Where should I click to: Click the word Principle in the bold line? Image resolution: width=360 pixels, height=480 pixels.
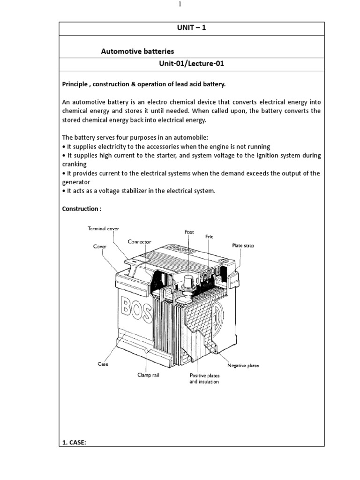75,84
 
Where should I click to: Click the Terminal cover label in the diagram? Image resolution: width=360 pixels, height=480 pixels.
104,228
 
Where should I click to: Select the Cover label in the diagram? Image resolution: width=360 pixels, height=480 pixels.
100,246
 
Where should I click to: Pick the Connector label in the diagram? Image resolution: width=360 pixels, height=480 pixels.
140,242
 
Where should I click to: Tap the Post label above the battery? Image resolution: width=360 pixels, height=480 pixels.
188,232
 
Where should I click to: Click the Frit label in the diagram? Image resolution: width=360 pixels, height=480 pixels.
209,237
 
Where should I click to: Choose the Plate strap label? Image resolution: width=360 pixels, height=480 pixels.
243,245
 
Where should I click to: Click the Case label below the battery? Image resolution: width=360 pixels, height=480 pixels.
103,364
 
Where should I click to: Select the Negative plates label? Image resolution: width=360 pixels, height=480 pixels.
243,365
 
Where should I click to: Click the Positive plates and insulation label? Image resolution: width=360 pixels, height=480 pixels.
205,378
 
